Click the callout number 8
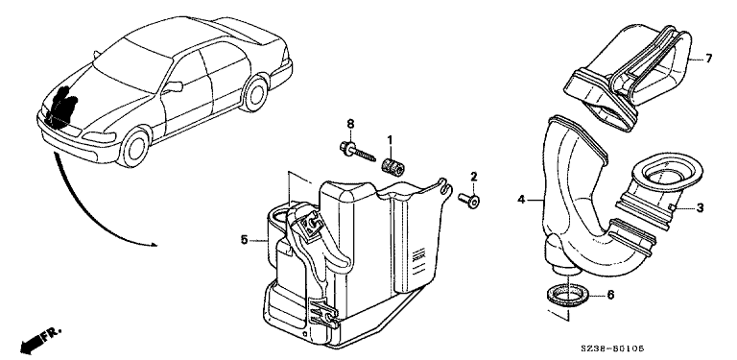[x=350, y=124]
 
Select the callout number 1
[x=390, y=139]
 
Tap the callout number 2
[x=473, y=177]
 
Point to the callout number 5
[x=244, y=240]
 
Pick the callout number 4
[x=521, y=200]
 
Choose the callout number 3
[x=700, y=207]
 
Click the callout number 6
[x=610, y=295]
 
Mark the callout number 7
[x=708, y=59]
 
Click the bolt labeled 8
[x=357, y=152]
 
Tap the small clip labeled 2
[x=468, y=200]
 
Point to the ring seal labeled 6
[x=568, y=295]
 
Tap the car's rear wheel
[x=254, y=93]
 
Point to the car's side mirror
[x=173, y=87]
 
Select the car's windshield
[x=131, y=65]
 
